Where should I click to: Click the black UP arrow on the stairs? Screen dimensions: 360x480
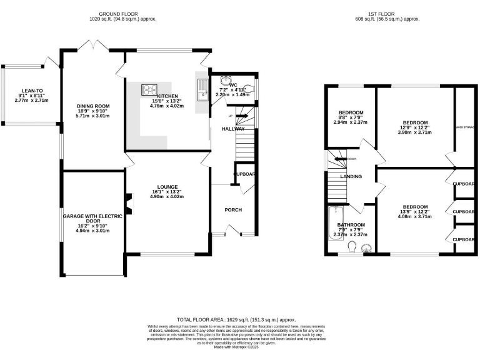point(242,116)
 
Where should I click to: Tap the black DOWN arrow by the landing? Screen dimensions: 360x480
point(341,159)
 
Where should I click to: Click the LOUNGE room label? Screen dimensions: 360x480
point(167,187)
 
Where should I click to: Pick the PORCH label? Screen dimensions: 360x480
point(233,209)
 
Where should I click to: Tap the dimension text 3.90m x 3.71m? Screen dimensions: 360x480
point(415,133)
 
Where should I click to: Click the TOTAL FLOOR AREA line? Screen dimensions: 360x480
point(236,319)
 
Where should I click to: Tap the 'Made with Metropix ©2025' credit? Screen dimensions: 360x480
point(236,347)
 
